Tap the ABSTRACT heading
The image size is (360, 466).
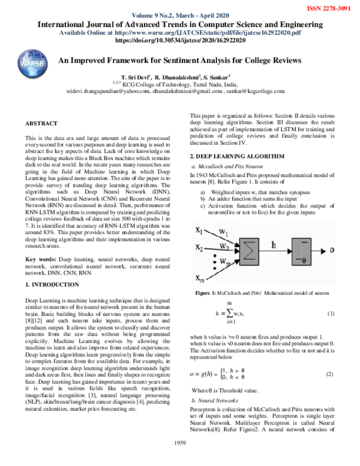(x=41, y=123)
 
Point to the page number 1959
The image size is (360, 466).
(x=180, y=459)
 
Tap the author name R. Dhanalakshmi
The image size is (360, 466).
(x=178, y=77)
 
